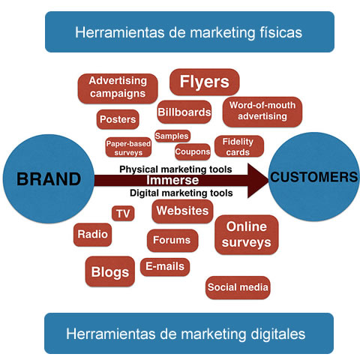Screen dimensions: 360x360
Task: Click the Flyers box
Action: [x=205, y=82]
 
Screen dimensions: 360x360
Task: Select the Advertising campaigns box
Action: [x=118, y=88]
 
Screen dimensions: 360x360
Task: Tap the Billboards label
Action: [x=184, y=112]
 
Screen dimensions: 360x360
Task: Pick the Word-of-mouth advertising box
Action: [x=262, y=112]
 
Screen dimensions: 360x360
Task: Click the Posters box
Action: [x=118, y=119]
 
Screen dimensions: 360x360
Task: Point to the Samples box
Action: [x=172, y=136]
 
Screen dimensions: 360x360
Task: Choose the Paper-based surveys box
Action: [x=128, y=147]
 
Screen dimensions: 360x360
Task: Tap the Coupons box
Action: [x=193, y=151]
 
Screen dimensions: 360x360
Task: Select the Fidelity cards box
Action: [x=239, y=146]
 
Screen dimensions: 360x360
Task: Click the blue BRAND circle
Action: [x=49, y=178]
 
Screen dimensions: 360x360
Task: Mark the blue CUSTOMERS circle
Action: [x=314, y=177]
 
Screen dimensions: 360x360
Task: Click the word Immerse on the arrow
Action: [x=172, y=180]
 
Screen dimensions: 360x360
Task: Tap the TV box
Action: [x=123, y=214]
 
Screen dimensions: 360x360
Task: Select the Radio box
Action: [x=92, y=235]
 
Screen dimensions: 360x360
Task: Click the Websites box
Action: [x=182, y=211]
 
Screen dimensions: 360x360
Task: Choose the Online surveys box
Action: [x=247, y=235]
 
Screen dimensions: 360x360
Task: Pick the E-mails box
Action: [x=165, y=267]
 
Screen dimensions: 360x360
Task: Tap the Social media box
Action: [x=238, y=287]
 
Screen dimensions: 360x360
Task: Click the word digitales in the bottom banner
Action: [x=278, y=334]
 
